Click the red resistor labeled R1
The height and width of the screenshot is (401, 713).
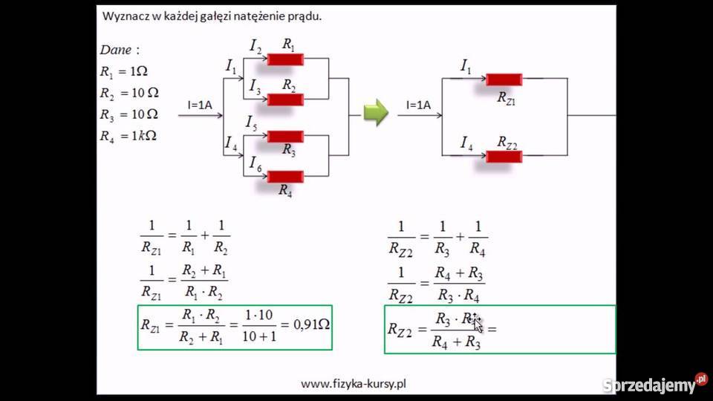click(285, 59)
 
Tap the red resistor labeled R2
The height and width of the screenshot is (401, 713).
click(285, 100)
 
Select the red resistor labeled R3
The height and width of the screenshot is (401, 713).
click(285, 136)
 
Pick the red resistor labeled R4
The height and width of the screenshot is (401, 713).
click(285, 176)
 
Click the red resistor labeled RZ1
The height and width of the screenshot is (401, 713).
click(504, 79)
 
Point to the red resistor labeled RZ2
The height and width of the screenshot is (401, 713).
click(504, 156)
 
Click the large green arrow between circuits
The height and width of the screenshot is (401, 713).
click(377, 112)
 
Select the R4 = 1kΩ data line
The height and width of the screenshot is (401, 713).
click(128, 136)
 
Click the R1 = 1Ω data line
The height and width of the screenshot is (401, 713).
click(123, 72)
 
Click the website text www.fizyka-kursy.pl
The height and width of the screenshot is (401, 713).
click(354, 384)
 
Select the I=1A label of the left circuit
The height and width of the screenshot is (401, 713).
click(200, 105)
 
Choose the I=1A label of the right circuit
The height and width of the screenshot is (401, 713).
click(418, 105)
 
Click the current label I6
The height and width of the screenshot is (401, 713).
click(255, 163)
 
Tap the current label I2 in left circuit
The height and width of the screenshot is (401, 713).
click(255, 49)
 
